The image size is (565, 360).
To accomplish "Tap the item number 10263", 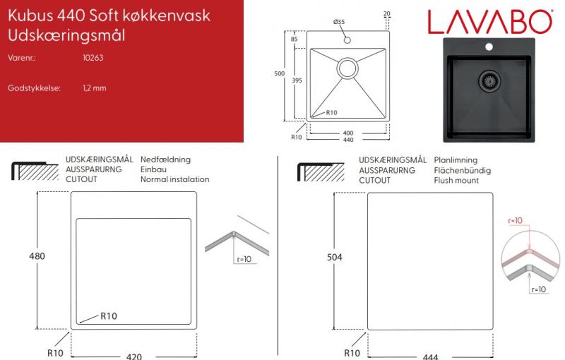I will click(93, 57).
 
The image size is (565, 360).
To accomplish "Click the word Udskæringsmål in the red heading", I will click(67, 35).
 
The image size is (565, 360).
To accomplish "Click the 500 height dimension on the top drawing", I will click(280, 73).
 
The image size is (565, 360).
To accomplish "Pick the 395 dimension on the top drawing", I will click(297, 81).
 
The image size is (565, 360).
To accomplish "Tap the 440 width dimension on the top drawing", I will click(347, 140).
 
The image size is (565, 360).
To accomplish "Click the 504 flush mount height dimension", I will click(335, 258).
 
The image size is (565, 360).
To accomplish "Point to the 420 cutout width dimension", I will click(134, 355).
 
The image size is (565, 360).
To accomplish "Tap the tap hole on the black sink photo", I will click(488, 48).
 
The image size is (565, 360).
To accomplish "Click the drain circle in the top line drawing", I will click(348, 68).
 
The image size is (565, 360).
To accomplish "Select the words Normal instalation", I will click(175, 179).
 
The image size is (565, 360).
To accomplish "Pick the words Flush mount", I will click(456, 180).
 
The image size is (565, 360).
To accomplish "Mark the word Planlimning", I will click(456, 160).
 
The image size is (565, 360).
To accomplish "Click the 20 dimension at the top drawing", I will click(387, 14).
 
